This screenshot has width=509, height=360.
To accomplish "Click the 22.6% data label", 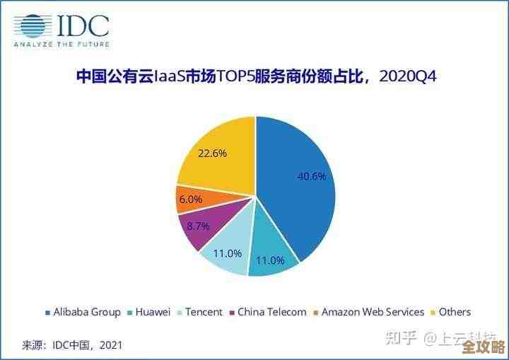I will (x=212, y=153).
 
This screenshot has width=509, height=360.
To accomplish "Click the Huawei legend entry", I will (x=150, y=312).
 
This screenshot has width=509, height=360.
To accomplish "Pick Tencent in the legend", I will (x=204, y=312).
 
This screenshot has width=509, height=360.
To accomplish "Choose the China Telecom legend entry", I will (x=271, y=312).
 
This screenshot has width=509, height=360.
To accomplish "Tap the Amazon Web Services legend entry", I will (x=373, y=312).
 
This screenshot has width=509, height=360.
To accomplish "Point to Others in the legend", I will (x=454, y=312).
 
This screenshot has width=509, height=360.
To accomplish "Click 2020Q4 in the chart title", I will (x=408, y=76).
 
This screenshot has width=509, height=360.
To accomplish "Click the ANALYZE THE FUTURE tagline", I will (x=62, y=45).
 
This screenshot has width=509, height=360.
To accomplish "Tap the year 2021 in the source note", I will (x=110, y=345).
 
